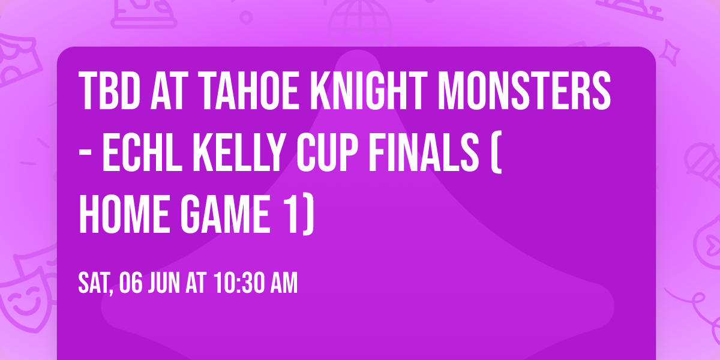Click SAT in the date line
tap(95, 284)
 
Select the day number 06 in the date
tap(131, 284)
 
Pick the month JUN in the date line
tap(166, 284)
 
